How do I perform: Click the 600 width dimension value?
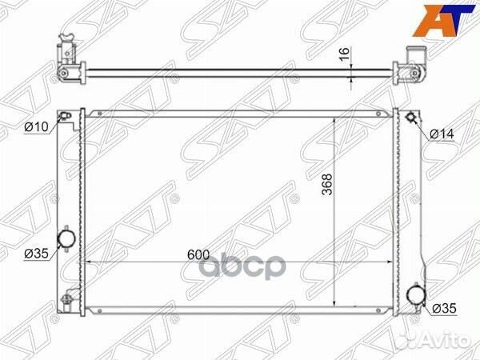(x=198, y=255)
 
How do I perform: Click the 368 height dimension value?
(x=327, y=184)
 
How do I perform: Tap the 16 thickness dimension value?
(x=344, y=54)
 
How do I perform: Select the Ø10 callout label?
(x=37, y=126)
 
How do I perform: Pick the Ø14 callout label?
(x=442, y=134)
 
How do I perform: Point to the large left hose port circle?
(x=66, y=238)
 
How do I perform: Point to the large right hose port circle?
(x=416, y=294)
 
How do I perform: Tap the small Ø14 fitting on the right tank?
(x=410, y=118)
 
